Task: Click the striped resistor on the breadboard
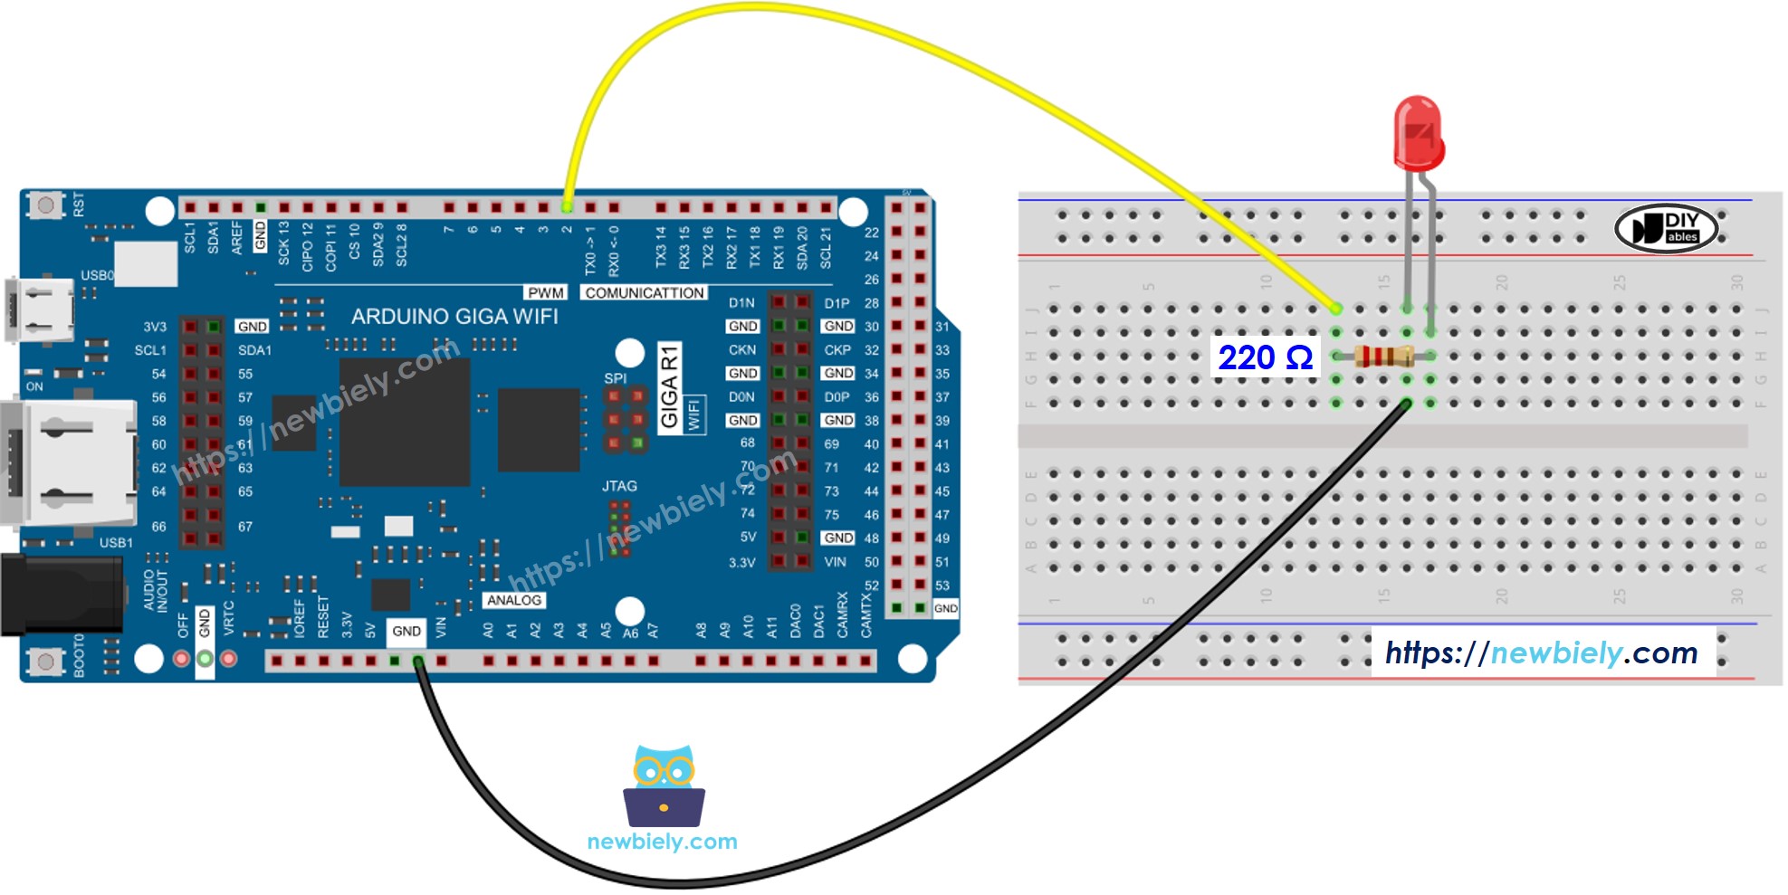tap(1382, 356)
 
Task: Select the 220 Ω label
tap(1265, 357)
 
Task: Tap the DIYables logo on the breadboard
tap(1666, 227)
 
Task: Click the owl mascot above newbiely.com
tap(664, 785)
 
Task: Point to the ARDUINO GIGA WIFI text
tap(454, 317)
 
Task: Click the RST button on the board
tap(44, 205)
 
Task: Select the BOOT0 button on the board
tap(44, 662)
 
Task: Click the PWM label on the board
tap(546, 292)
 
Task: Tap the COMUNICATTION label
tap(644, 292)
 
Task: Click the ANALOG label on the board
tap(513, 600)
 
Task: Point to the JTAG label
tap(619, 486)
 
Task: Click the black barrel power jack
tap(60, 594)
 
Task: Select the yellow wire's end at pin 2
tap(567, 207)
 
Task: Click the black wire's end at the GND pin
tap(418, 662)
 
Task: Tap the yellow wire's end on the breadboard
tap(1336, 309)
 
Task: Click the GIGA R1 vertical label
tap(669, 387)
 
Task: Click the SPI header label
tap(615, 378)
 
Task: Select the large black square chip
tap(404, 423)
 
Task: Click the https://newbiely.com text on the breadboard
tap(1541, 652)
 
